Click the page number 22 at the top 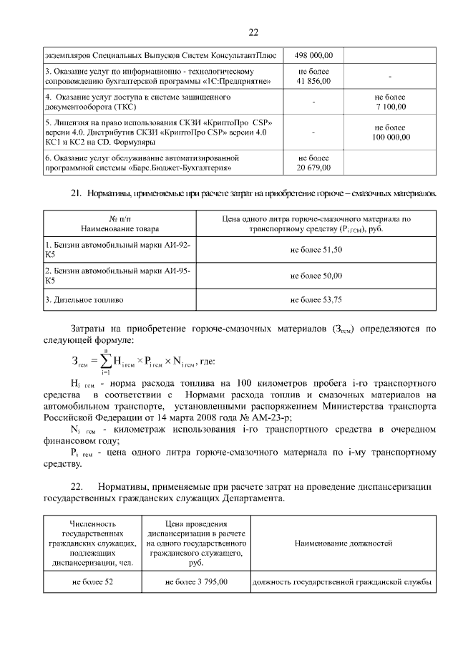point(253,32)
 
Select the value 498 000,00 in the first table point(314,55)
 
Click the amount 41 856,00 point(314,81)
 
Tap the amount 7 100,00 point(390,107)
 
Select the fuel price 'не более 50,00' point(316,275)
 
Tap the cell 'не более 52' point(92,582)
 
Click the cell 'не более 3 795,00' point(196,582)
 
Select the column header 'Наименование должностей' point(343,543)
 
